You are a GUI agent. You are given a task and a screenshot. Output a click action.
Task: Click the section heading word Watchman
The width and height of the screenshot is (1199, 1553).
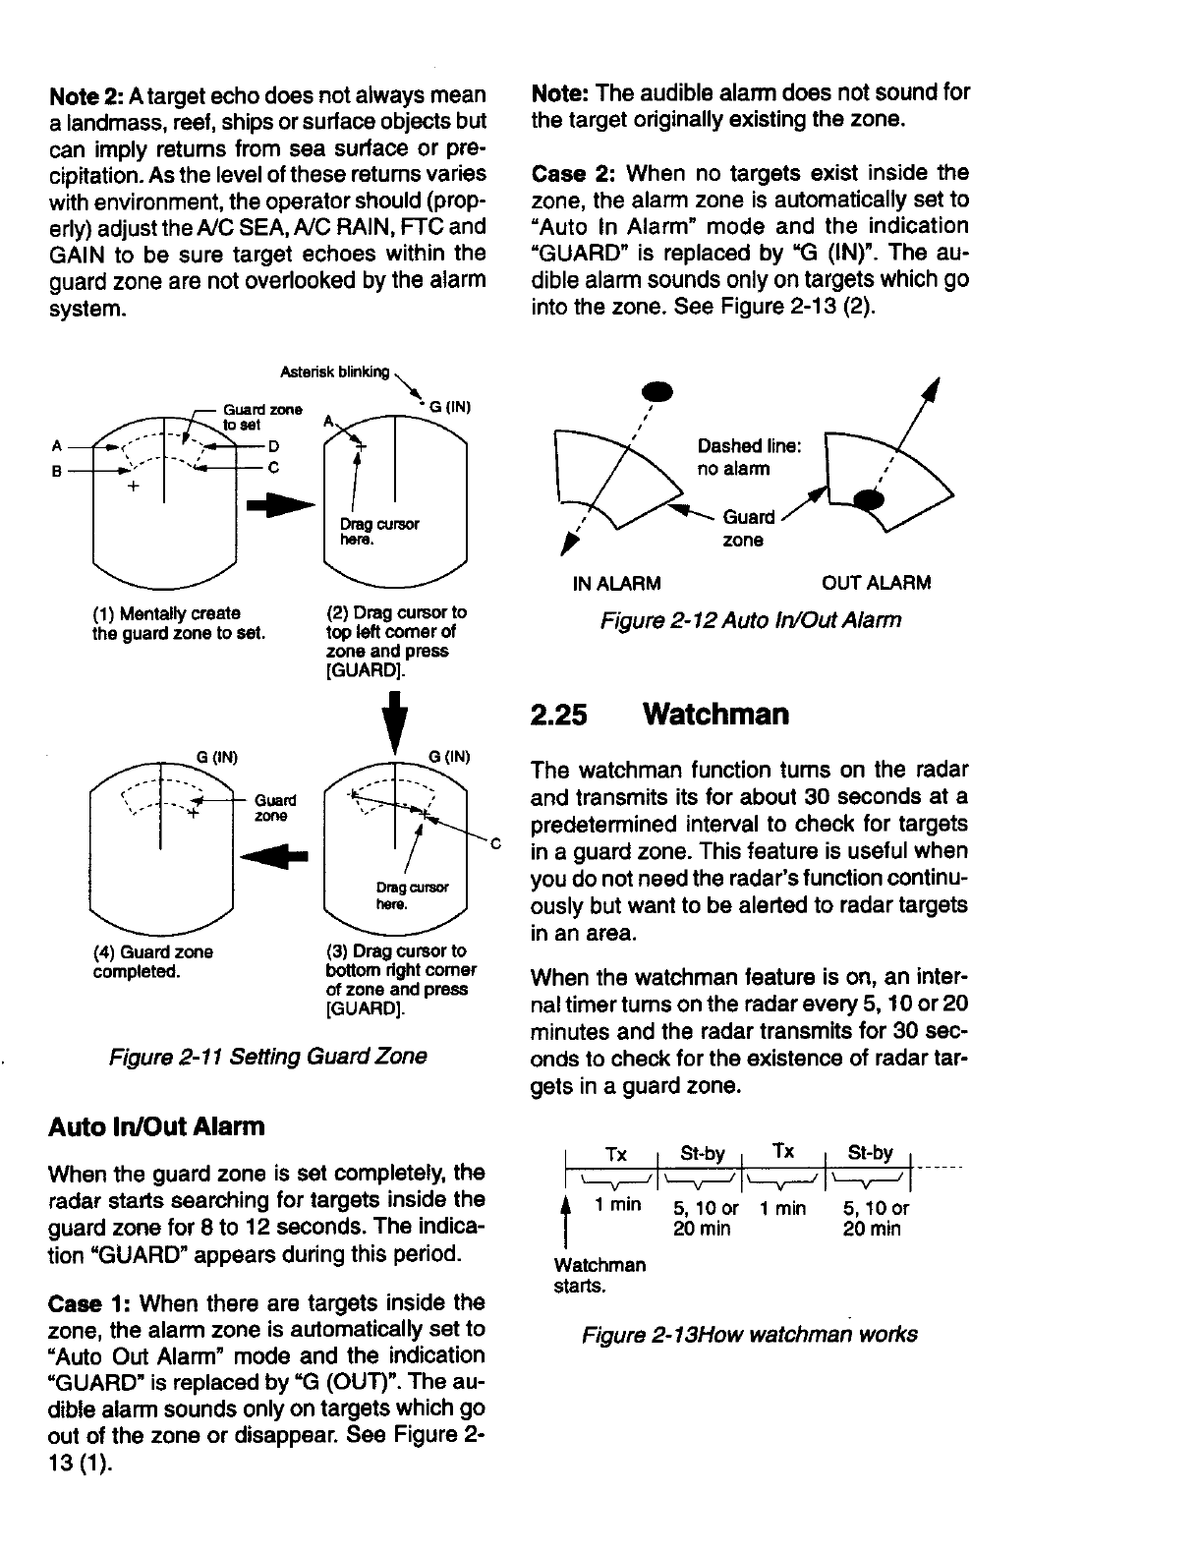point(715,714)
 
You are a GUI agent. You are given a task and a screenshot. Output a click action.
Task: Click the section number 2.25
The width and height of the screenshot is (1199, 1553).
point(559,714)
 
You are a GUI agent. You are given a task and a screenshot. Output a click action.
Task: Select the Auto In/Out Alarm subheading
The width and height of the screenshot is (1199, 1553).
point(156,1125)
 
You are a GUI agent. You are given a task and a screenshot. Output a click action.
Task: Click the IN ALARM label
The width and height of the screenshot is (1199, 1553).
point(616,583)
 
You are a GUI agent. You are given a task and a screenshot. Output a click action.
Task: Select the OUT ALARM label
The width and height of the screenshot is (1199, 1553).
point(876,583)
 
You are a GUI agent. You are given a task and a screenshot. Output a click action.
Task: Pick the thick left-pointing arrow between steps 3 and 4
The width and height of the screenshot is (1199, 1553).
point(277,855)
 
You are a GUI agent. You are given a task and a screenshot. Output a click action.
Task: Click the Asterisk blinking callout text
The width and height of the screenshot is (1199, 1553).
point(334,373)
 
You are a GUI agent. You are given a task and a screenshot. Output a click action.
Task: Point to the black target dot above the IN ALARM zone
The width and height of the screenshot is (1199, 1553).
point(657,391)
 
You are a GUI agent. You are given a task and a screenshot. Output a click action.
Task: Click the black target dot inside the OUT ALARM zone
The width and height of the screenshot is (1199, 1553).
point(869,499)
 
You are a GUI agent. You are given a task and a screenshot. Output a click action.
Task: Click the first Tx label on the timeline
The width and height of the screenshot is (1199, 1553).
point(615,1153)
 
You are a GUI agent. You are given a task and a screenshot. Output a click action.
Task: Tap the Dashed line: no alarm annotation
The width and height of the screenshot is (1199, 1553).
point(749,457)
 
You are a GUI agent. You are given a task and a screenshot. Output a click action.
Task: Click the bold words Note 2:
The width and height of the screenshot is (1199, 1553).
point(86,95)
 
